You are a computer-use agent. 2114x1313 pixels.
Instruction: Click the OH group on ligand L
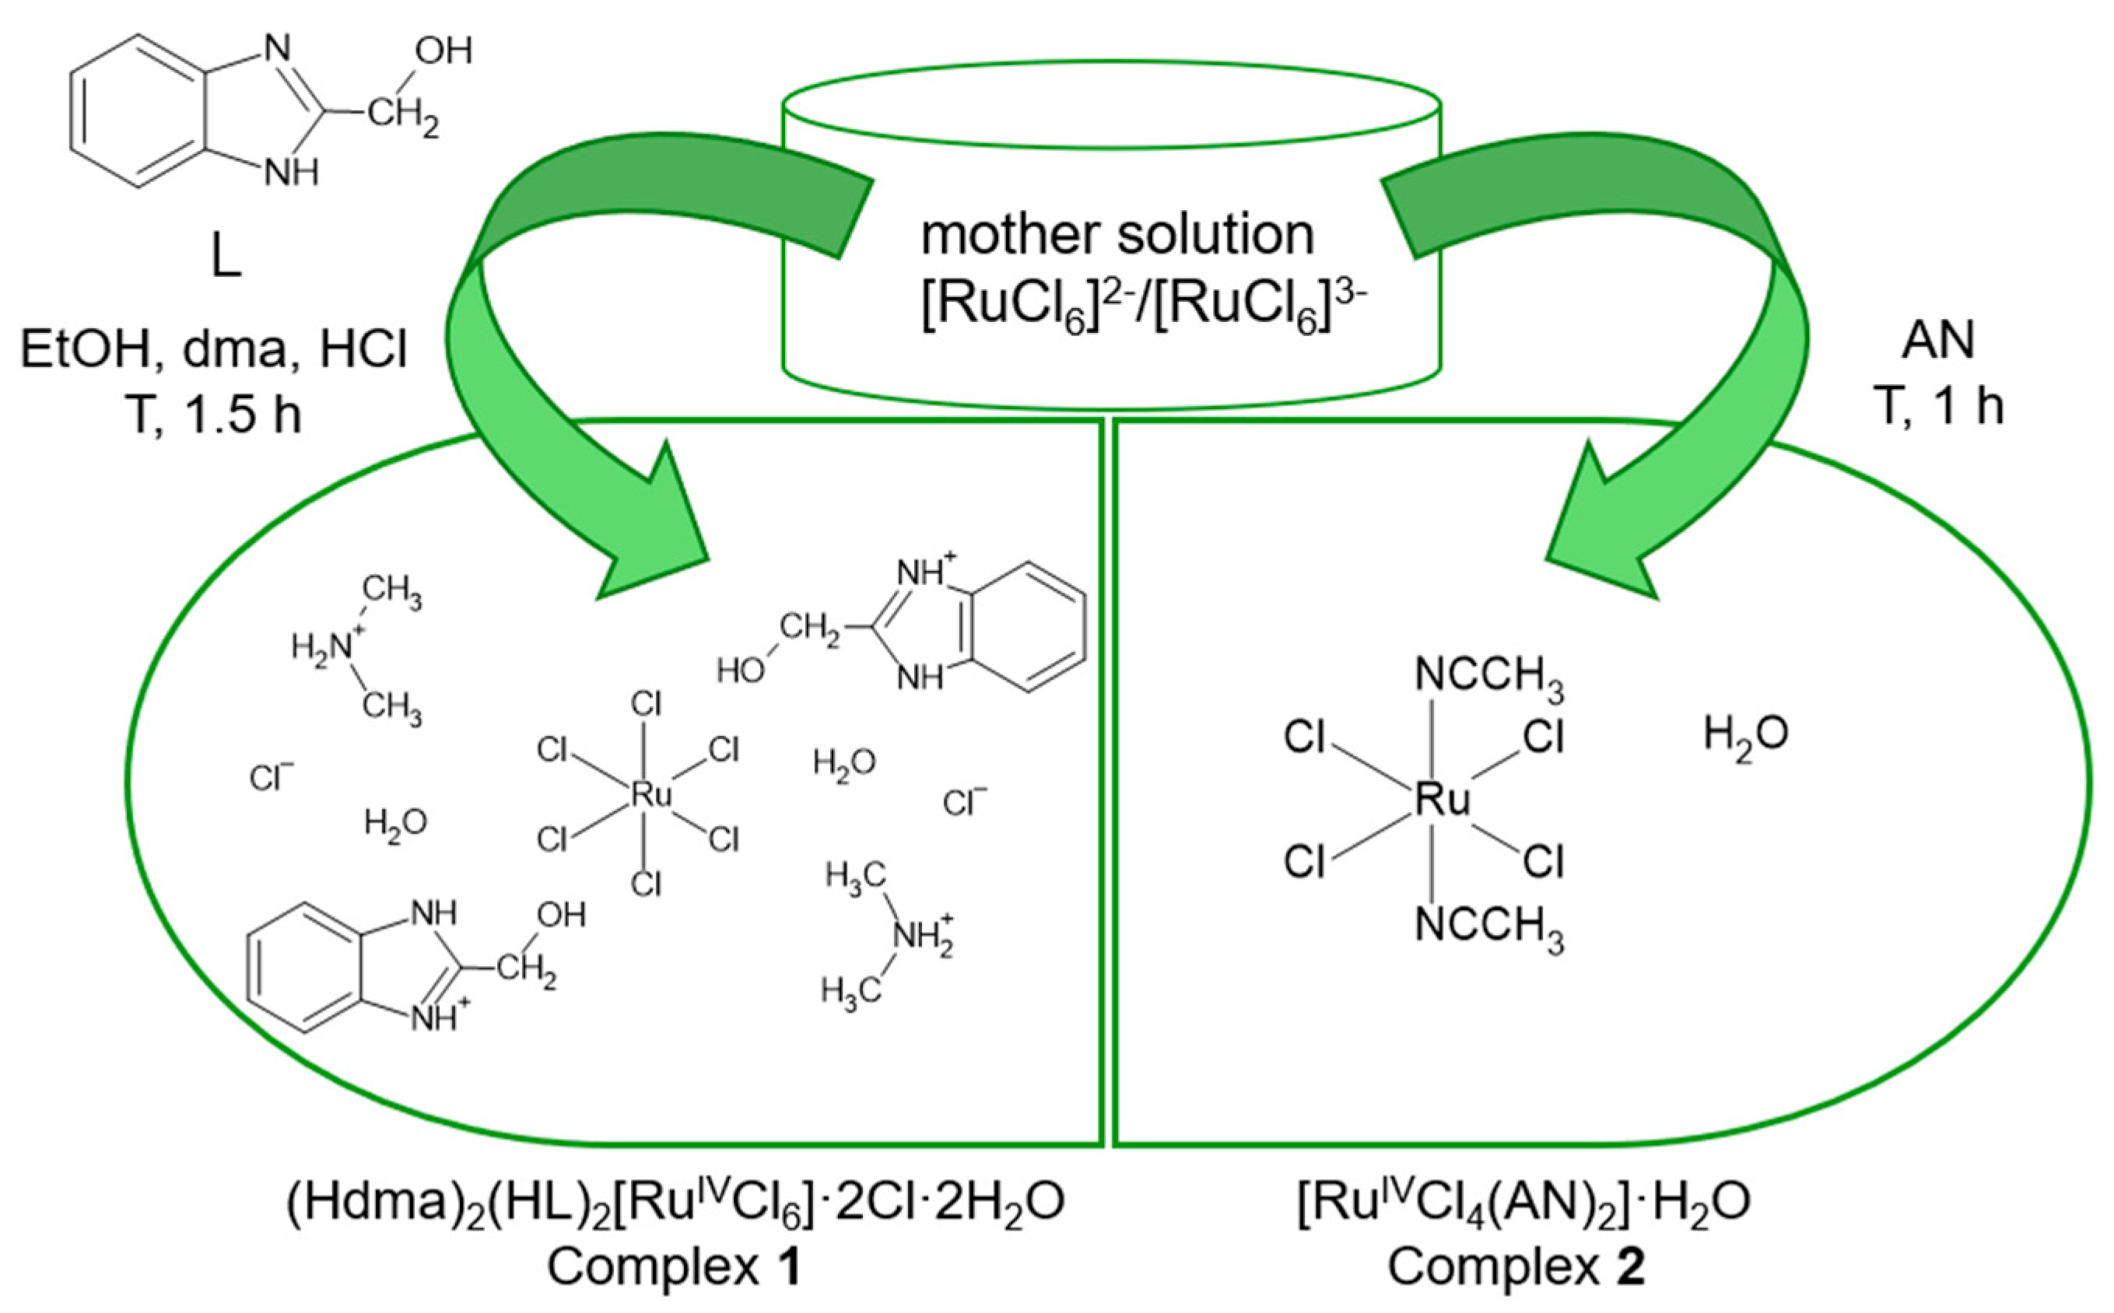pyautogui.click(x=443, y=51)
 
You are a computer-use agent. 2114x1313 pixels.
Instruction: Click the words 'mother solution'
pyautogui.click(x=1117, y=234)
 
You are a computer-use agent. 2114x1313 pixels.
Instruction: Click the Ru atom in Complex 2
pyautogui.click(x=1442, y=799)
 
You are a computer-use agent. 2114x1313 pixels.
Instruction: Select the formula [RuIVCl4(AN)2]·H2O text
pyautogui.click(x=1523, y=1203)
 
